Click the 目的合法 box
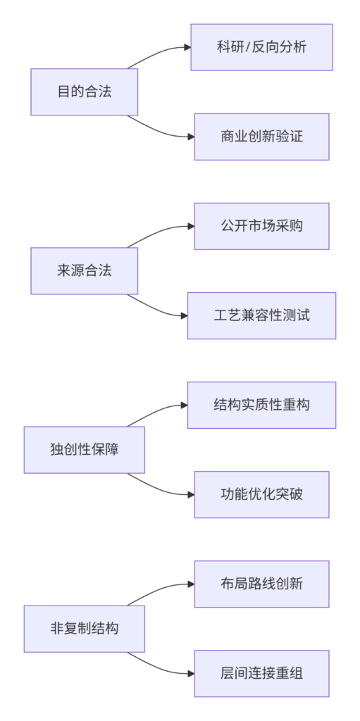(x=85, y=92)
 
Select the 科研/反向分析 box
(x=262, y=47)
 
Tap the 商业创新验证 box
(x=262, y=137)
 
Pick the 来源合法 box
(x=85, y=271)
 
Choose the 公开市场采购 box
(x=262, y=226)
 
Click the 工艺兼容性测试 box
(x=262, y=315)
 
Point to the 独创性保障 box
(x=85, y=450)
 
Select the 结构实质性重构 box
(x=262, y=405)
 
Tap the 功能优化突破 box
(x=262, y=494)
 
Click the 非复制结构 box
(x=85, y=629)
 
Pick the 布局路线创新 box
(x=262, y=584)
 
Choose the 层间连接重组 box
(x=262, y=673)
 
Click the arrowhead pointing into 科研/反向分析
(x=188, y=47)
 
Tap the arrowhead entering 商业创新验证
(x=191, y=137)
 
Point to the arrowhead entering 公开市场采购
(x=191, y=226)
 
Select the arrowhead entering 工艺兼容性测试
(x=184, y=315)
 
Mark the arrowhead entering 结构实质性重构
(x=184, y=405)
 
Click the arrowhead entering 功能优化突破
(x=191, y=494)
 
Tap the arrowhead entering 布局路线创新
(x=191, y=584)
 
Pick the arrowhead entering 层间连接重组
(x=191, y=673)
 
